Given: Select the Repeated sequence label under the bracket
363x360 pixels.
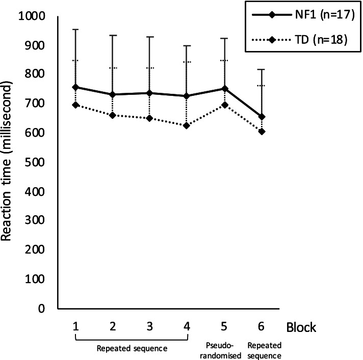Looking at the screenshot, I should (x=132, y=349).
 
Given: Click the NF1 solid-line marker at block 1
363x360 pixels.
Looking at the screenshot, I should (x=75, y=87).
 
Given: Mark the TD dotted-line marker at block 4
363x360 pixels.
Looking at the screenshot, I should (x=187, y=126).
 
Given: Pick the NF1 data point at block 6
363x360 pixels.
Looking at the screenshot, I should (x=262, y=117).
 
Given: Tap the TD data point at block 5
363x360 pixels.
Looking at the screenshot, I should (x=225, y=105).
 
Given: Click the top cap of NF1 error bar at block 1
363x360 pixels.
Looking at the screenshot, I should (x=75, y=30).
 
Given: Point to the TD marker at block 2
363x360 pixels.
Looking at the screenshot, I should (x=113, y=115).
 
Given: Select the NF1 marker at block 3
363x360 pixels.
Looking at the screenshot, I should (x=150, y=93).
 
